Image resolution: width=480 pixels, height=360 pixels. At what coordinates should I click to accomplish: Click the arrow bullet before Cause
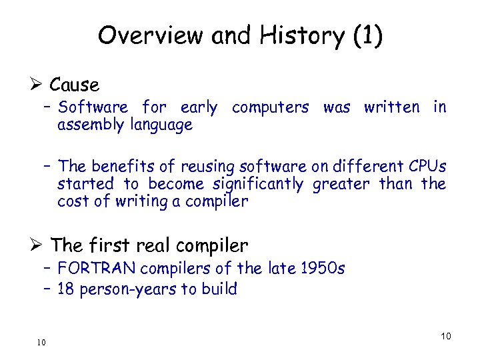(x=38, y=85)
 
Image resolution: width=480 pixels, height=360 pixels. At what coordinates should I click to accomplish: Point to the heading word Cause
(x=74, y=85)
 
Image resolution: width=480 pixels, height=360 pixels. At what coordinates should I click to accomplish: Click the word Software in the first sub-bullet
(x=93, y=107)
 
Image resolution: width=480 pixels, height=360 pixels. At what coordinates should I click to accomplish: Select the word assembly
(x=87, y=125)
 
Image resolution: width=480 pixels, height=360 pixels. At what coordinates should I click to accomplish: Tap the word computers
(x=270, y=107)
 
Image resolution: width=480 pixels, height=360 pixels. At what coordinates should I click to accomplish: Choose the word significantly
(x=258, y=183)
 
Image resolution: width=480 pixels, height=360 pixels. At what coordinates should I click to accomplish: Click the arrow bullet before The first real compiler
(x=38, y=245)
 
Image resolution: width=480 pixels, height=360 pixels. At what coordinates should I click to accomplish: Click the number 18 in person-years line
(x=66, y=289)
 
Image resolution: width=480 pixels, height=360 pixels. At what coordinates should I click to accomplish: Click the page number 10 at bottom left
(x=41, y=342)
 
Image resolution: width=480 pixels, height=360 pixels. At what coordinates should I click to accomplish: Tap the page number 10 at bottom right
(x=445, y=336)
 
